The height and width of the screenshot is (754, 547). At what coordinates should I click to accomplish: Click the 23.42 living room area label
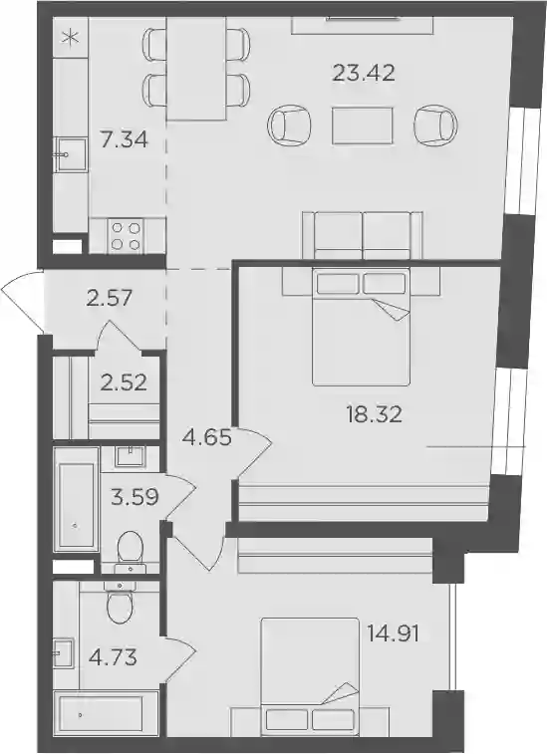click(364, 74)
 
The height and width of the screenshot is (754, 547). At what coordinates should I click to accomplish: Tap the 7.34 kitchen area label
click(124, 139)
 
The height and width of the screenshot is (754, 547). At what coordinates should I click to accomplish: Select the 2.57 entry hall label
click(110, 299)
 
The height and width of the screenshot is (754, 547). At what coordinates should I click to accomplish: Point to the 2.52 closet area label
click(124, 383)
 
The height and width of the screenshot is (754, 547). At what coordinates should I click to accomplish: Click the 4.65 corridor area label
click(208, 438)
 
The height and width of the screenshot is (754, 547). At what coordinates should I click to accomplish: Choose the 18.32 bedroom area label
click(374, 414)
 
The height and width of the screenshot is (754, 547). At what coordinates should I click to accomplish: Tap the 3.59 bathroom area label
click(135, 497)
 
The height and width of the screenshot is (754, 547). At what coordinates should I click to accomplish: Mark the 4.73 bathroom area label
click(113, 657)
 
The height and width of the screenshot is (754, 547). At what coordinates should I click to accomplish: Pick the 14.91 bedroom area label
click(393, 633)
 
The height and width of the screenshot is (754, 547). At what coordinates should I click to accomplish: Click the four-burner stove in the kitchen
click(127, 236)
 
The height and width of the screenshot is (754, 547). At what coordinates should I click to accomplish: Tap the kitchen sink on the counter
click(71, 154)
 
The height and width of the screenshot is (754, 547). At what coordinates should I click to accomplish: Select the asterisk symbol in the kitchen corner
click(71, 38)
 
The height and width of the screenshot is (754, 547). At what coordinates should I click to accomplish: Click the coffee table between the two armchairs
click(363, 126)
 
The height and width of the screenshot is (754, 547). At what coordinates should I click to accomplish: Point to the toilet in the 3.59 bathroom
click(131, 552)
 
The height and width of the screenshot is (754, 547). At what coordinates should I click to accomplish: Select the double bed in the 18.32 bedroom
click(362, 327)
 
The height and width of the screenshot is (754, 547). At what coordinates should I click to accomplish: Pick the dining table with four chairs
click(196, 70)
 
